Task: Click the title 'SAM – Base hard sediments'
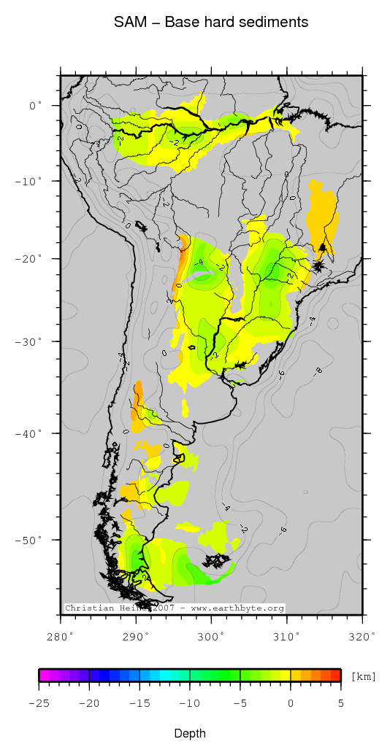pyautogui.click(x=210, y=23)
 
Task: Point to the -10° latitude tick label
pyautogui.click(x=31, y=180)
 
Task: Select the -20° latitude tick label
pyautogui.click(x=31, y=258)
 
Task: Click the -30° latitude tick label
pyautogui.click(x=31, y=341)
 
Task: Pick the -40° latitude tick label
pyautogui.click(x=31, y=433)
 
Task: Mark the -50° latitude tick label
pyautogui.click(x=31, y=540)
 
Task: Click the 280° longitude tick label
pyautogui.click(x=61, y=636)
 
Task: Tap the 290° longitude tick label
pyautogui.click(x=136, y=636)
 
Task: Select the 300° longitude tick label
pyautogui.click(x=211, y=636)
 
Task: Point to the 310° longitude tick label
pyautogui.click(x=287, y=636)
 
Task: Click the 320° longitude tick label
pyautogui.click(x=362, y=636)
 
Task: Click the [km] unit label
pyautogui.click(x=364, y=677)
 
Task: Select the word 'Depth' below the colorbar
pyautogui.click(x=190, y=733)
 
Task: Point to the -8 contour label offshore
pyautogui.click(x=318, y=371)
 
